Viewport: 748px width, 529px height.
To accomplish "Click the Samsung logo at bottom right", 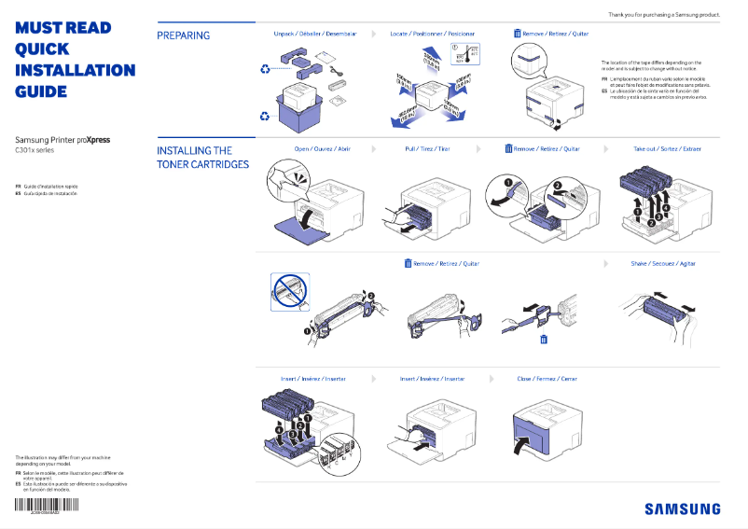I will click(x=682, y=508).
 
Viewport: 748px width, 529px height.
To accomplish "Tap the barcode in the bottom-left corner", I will click(x=47, y=506).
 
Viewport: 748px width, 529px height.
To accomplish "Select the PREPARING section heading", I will click(x=183, y=35).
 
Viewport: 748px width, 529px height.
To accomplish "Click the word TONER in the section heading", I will click(x=176, y=165).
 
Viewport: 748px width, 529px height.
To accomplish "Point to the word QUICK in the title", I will click(x=41, y=49).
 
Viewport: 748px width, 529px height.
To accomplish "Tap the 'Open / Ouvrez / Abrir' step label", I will click(x=322, y=148).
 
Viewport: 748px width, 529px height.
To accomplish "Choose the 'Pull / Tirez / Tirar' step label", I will click(x=427, y=148).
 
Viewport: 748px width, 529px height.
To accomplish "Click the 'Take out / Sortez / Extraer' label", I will click(x=667, y=148).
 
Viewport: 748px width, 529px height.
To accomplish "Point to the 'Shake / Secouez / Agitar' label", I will click(x=663, y=264).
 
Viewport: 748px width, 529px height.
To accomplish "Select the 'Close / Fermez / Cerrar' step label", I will click(x=547, y=379).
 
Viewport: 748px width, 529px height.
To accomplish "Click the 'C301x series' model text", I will click(x=35, y=150).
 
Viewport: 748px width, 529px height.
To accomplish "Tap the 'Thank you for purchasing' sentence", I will click(x=663, y=14).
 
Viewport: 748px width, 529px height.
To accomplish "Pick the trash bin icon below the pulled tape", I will click(x=544, y=340).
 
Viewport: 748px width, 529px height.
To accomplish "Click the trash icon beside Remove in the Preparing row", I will click(x=518, y=34).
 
